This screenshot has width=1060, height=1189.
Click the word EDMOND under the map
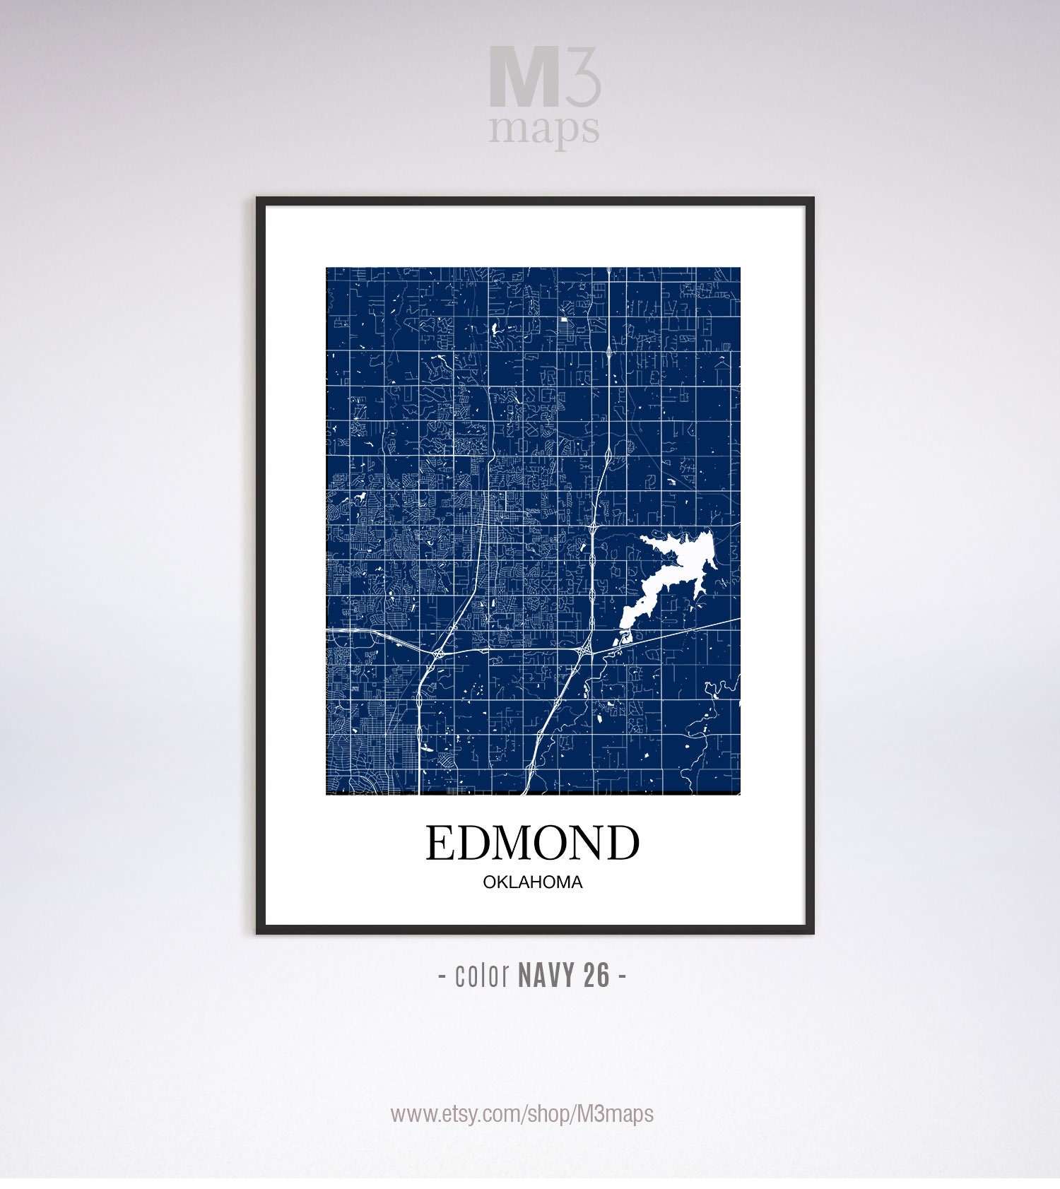coord(532,843)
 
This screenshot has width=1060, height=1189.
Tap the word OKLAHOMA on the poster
coord(532,882)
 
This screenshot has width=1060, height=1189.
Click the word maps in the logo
coord(544,129)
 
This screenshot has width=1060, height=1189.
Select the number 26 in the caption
coord(596,976)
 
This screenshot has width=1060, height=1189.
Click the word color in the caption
coord(483,976)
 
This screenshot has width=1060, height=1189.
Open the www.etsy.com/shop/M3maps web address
coord(522,1114)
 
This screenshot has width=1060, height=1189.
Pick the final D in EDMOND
coord(622,843)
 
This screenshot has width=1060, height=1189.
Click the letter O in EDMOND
coord(543,843)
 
